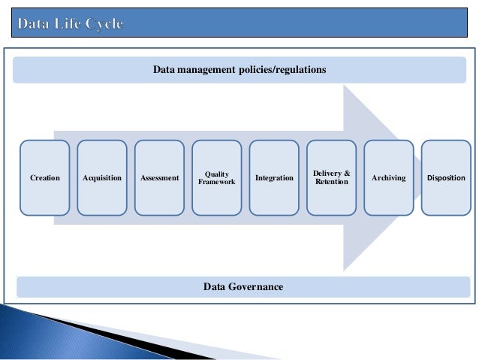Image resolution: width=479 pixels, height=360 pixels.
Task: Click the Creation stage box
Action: click(x=45, y=178)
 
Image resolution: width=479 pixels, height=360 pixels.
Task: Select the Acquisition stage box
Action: click(x=102, y=178)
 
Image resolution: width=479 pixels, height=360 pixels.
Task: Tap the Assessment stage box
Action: click(x=159, y=178)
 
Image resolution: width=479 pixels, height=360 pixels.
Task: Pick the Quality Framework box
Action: click(x=217, y=178)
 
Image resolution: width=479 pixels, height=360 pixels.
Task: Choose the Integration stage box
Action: click(x=274, y=178)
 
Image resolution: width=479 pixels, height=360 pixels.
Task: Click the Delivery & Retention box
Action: click(x=331, y=178)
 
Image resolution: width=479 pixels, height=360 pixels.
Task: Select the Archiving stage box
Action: click(x=388, y=178)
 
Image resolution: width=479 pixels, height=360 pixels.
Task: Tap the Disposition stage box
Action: click(x=446, y=178)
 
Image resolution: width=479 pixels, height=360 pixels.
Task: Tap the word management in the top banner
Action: click(x=206, y=70)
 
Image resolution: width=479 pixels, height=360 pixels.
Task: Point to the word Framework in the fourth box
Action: click(x=217, y=182)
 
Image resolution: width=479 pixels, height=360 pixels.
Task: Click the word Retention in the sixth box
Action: click(x=332, y=182)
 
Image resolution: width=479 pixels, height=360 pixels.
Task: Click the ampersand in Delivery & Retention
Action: click(x=347, y=174)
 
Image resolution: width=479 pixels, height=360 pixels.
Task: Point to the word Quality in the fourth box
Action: click(x=217, y=174)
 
